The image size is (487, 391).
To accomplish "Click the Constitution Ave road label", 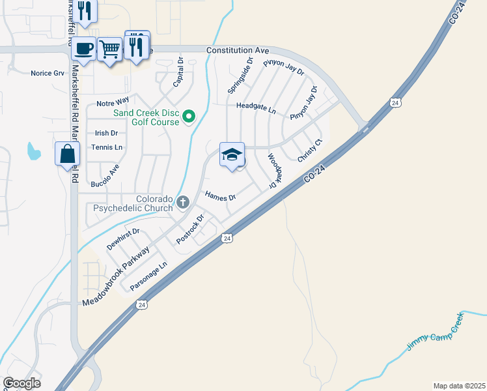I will tap(238, 50).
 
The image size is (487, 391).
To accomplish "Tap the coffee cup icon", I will tap(83, 48).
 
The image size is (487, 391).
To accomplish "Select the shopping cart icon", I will tap(110, 48).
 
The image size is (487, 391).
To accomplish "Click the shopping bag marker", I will tap(68, 154).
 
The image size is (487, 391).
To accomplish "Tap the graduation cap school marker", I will tap(232, 154).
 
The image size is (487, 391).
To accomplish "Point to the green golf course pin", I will tap(189, 117).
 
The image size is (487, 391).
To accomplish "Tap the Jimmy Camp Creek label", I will tap(434, 332).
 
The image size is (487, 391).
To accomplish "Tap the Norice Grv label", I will tap(48, 73).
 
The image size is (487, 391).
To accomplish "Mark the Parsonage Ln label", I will tap(148, 276).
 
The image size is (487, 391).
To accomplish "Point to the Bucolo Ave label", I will tap(105, 175).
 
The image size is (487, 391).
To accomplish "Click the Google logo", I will tap(21, 383).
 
